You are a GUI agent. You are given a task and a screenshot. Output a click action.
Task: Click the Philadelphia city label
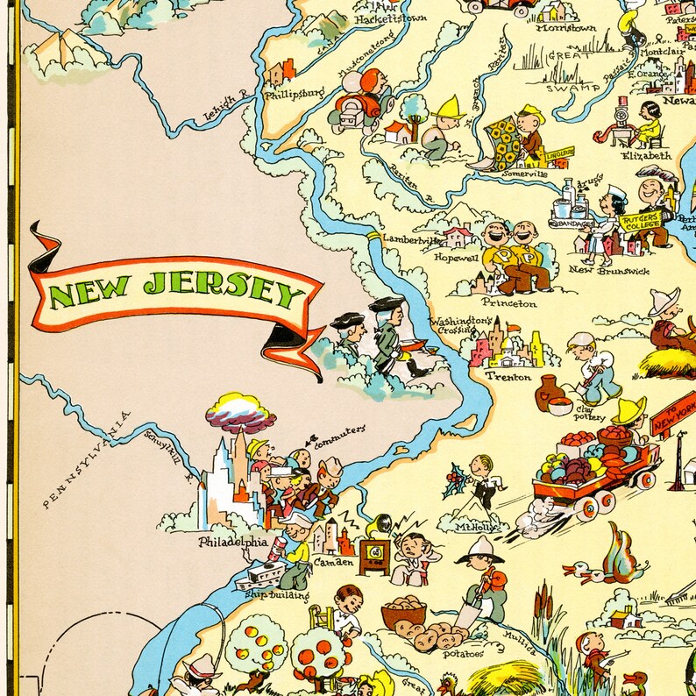232,542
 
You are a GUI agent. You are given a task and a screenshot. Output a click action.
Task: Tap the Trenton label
508,376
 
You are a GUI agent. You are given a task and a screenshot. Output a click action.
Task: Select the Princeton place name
508,302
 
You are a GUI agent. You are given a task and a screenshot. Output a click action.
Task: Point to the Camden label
334,561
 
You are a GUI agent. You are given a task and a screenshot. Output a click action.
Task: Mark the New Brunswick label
609,271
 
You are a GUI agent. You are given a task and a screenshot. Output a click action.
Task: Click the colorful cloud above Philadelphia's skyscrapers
240,412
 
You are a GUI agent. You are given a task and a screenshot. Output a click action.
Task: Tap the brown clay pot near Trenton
550,388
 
